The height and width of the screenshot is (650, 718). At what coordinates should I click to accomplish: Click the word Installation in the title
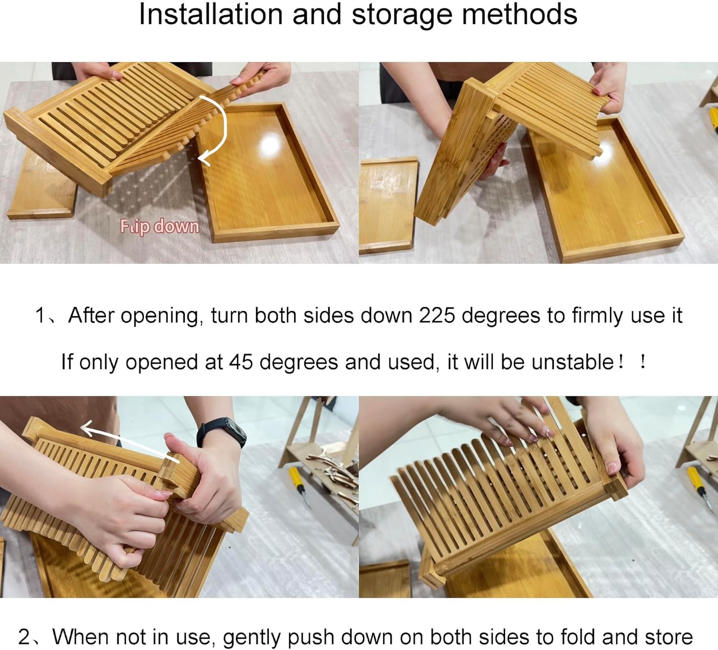click(x=211, y=14)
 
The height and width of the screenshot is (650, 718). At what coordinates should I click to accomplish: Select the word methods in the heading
click(x=520, y=14)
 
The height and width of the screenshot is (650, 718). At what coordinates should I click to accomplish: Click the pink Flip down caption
click(x=159, y=226)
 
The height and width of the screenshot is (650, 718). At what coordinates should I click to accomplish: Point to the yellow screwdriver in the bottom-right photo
click(x=697, y=487)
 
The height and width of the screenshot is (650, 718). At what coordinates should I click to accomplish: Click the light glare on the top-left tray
click(x=272, y=146)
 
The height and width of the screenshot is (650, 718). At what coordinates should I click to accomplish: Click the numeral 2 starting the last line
click(x=24, y=637)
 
